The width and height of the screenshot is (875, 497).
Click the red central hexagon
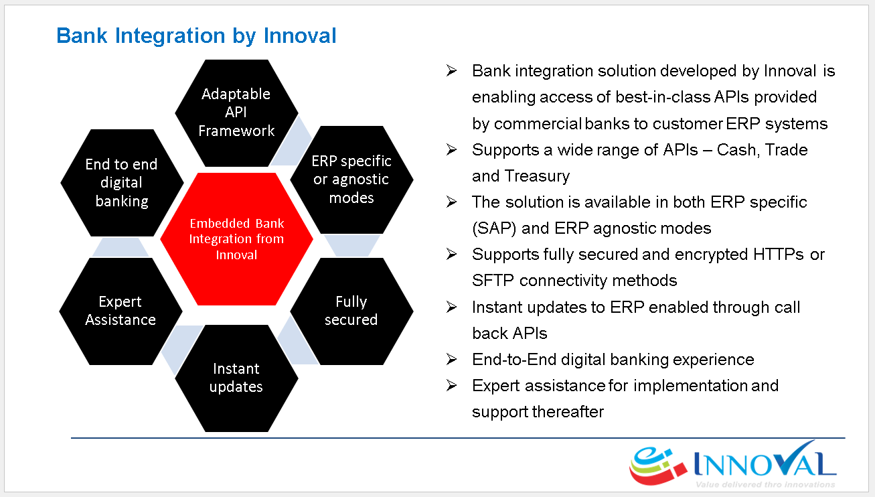click(237, 238)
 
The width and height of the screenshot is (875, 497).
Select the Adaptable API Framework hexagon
click(237, 113)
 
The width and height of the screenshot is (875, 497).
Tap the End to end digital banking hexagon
click(122, 182)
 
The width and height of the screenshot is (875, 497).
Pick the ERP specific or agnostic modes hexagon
click(351, 180)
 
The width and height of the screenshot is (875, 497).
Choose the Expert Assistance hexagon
click(121, 311)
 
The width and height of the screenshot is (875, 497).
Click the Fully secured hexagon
click(351, 311)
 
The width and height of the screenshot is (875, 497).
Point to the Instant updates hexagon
click(237, 378)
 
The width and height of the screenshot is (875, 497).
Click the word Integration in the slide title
click(170, 36)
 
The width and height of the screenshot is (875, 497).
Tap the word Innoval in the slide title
click(300, 35)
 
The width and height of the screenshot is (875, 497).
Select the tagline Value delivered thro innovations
click(765, 484)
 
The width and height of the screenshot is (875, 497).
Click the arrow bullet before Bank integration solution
click(452, 71)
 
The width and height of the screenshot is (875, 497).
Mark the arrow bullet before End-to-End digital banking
click(452, 359)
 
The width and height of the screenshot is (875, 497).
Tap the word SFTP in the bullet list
click(493, 280)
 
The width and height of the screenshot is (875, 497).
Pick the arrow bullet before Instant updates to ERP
click(452, 307)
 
